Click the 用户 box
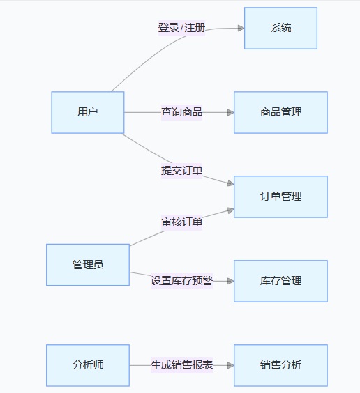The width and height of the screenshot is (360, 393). (88, 112)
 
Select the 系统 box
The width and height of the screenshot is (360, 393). (280, 28)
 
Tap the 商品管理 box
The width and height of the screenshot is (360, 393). (280, 112)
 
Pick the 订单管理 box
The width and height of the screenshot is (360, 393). (280, 196)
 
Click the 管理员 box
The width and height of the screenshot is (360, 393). (88, 265)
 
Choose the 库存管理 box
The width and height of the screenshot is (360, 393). (280, 281)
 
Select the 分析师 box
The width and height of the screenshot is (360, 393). (88, 365)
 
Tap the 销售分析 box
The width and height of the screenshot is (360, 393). (280, 365)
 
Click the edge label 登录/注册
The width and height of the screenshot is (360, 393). (181, 28)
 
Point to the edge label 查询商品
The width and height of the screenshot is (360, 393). (181, 112)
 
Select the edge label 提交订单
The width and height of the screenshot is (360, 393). (181, 171)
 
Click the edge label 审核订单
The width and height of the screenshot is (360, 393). (181, 222)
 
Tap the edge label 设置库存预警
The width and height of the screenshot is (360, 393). (181, 281)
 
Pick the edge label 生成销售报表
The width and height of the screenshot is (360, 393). (181, 365)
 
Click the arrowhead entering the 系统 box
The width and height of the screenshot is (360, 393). (241, 28)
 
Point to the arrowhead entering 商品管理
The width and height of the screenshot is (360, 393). (231, 112)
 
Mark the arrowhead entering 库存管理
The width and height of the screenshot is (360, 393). (231, 281)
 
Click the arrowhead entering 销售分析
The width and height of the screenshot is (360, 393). (231, 365)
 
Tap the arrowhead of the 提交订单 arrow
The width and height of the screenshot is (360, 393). (230, 183)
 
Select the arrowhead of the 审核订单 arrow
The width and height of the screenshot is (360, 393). (230, 210)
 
